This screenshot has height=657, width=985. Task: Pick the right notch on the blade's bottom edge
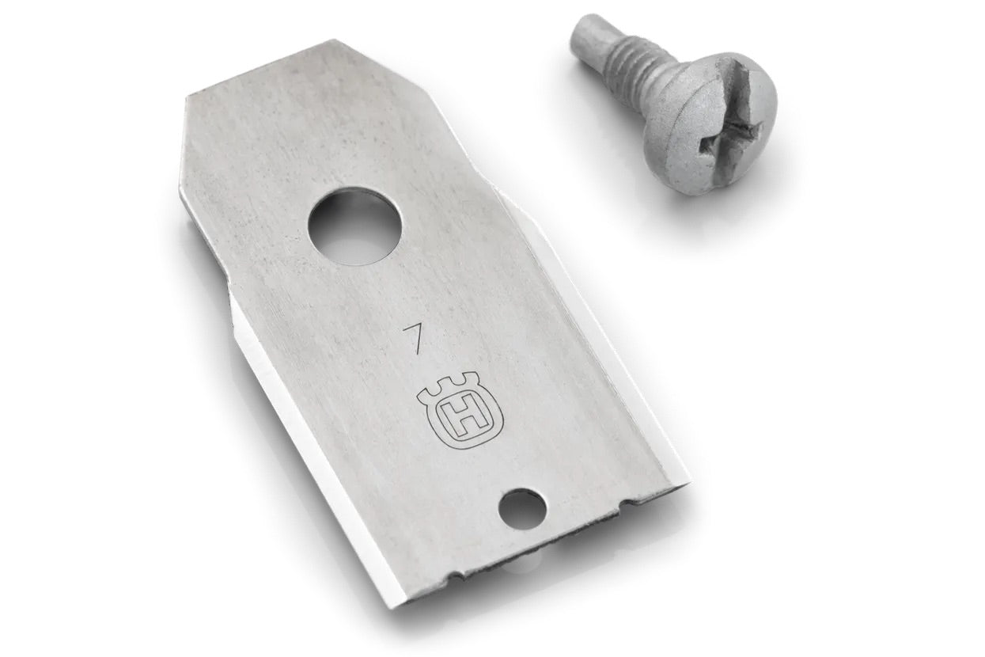[x=625, y=502]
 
